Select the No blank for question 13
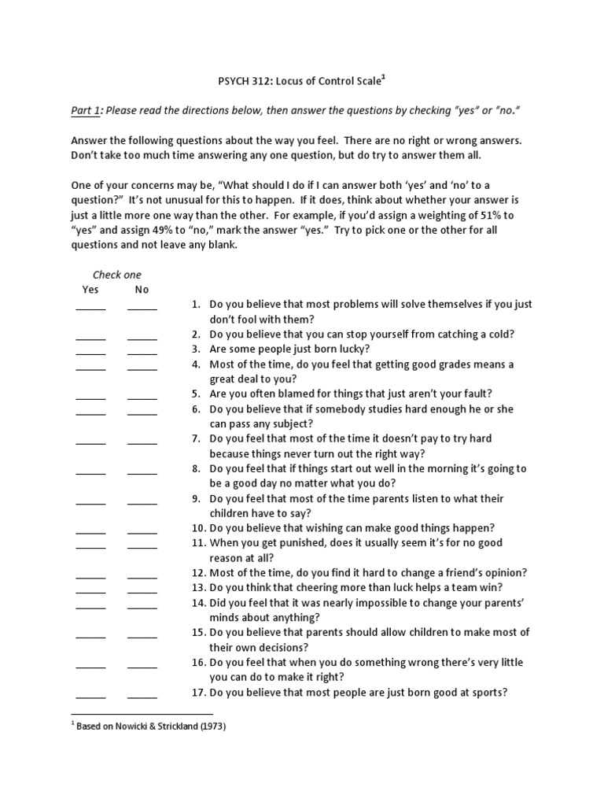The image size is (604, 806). click(142, 591)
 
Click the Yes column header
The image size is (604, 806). click(91, 290)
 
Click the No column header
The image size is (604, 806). click(142, 290)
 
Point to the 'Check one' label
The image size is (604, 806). click(117, 275)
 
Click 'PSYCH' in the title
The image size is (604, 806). click(233, 80)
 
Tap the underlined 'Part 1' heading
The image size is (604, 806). click(86, 111)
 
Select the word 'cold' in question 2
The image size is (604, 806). click(498, 334)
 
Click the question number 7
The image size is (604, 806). click(197, 438)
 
